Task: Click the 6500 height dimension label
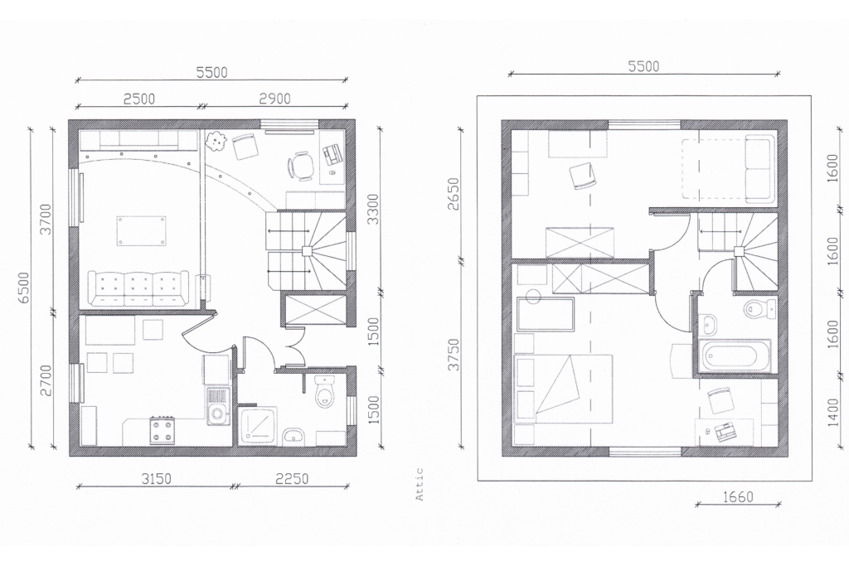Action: pyautogui.click(x=24, y=288)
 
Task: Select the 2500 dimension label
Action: pyautogui.click(x=139, y=99)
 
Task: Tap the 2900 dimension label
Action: pyautogui.click(x=274, y=99)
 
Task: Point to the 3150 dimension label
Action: pyautogui.click(x=157, y=479)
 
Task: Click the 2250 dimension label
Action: pyautogui.click(x=293, y=479)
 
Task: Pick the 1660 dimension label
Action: pyautogui.click(x=738, y=496)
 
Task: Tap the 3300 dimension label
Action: pyautogui.click(x=372, y=208)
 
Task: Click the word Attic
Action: pyautogui.click(x=420, y=484)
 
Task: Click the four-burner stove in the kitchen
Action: pyautogui.click(x=163, y=429)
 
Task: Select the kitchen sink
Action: pyautogui.click(x=218, y=406)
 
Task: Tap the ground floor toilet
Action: pyautogui.click(x=325, y=390)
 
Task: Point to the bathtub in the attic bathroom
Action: pyautogui.click(x=735, y=356)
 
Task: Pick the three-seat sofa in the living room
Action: pyautogui.click(x=138, y=288)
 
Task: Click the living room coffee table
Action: pyautogui.click(x=141, y=231)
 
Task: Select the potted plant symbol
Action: pyautogui.click(x=216, y=141)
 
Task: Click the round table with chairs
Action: pyautogui.click(x=299, y=166)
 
